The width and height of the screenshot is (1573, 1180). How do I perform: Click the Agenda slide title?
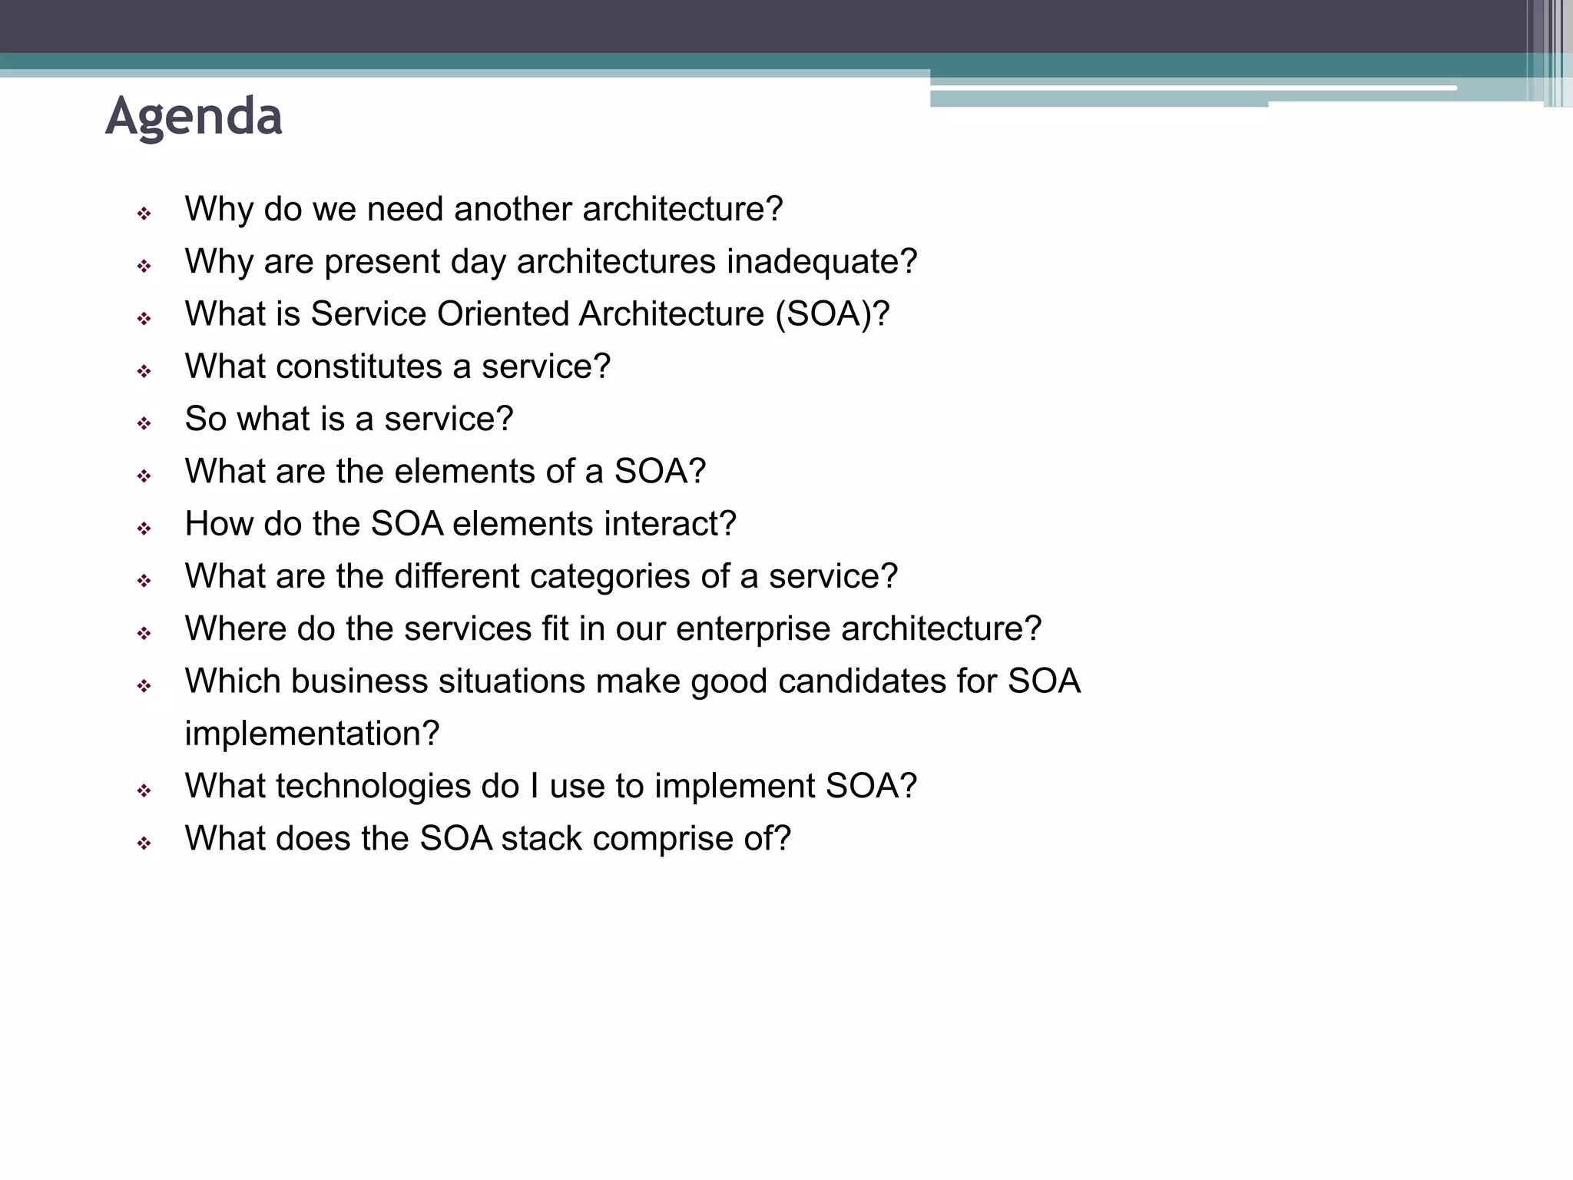tap(194, 117)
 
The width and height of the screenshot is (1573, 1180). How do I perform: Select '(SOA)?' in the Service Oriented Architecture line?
tap(833, 314)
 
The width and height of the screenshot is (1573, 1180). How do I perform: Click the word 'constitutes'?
tap(359, 366)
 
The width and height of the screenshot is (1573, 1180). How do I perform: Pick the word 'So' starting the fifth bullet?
tap(205, 419)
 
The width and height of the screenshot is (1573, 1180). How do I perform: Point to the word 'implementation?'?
tap(312, 734)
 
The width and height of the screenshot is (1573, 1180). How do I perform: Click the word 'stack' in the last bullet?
tap(541, 838)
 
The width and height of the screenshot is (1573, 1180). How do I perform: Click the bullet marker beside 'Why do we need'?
tap(144, 214)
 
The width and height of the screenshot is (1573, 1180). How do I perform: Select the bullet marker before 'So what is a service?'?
tap(144, 423)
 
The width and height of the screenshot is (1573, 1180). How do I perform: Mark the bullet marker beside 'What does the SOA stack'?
tap(144, 843)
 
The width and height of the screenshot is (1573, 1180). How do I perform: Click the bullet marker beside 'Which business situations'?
tap(144, 685)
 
